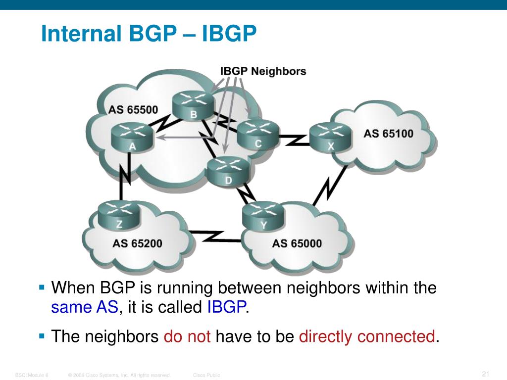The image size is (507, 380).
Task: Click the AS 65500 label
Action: (x=133, y=109)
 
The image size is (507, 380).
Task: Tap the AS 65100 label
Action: (x=388, y=133)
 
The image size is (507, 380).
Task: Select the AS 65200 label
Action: (x=137, y=243)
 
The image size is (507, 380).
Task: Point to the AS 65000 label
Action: (x=297, y=243)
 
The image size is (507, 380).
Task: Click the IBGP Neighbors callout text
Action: (x=263, y=71)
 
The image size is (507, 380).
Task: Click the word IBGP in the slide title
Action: (x=229, y=34)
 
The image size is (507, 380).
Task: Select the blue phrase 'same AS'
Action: (x=85, y=308)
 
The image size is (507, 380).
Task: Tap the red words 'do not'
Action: (x=187, y=337)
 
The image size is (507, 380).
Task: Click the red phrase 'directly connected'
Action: (x=367, y=337)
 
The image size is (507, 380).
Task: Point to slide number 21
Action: (x=485, y=374)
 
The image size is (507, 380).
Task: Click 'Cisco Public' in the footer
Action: (x=206, y=376)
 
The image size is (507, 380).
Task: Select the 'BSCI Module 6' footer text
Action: (x=32, y=376)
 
